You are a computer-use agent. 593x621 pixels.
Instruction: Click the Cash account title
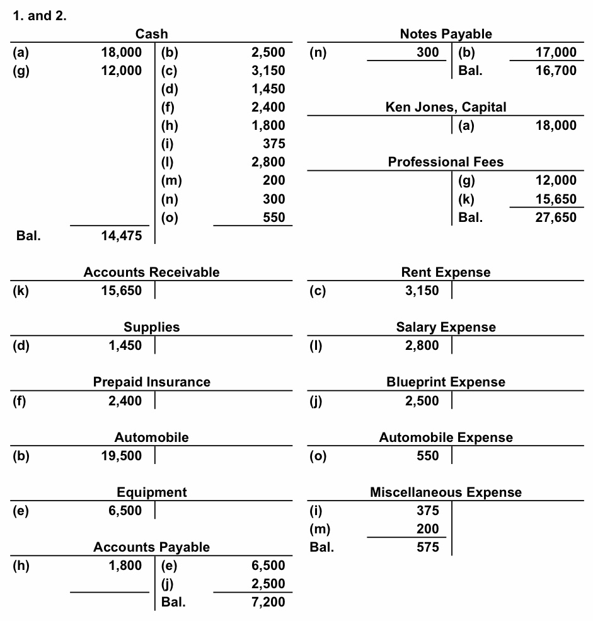coord(152,34)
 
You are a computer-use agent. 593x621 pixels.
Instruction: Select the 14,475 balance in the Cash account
coord(121,236)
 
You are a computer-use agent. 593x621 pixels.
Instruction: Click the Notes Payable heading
coord(446,34)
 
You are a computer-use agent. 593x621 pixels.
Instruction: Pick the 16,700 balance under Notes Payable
coord(556,71)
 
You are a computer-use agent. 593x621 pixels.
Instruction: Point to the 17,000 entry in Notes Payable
coord(556,52)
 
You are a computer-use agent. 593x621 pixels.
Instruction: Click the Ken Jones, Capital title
coord(446,107)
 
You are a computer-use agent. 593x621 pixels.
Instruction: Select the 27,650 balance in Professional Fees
coord(556,218)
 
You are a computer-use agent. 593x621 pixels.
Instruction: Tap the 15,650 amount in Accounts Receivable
coord(121,291)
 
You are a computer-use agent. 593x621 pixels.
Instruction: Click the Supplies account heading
coord(152,327)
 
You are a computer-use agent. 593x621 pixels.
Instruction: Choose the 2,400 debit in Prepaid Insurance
coord(125,400)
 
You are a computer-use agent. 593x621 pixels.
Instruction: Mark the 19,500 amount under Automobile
coord(121,455)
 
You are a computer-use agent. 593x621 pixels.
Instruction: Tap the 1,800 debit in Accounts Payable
coord(125,566)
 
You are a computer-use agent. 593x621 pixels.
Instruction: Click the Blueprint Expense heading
coord(446,382)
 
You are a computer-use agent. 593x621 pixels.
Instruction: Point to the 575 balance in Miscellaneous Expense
coord(428,547)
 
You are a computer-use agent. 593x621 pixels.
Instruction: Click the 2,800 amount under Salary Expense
coord(422,345)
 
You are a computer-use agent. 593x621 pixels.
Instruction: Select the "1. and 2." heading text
coord(40,16)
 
